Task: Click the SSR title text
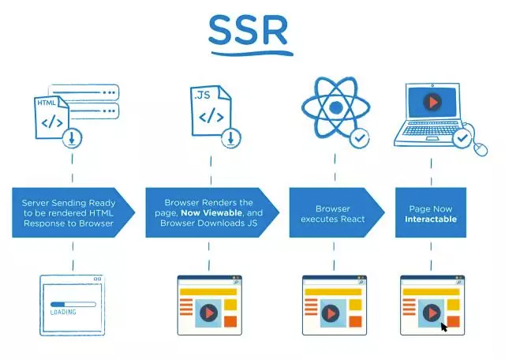point(248,30)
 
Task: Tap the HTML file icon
point(51,118)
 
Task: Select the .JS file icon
point(211,111)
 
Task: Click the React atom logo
point(335,107)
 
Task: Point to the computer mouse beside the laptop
point(481,149)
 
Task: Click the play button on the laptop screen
point(432,102)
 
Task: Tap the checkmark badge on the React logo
point(360,138)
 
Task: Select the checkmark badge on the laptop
point(462,138)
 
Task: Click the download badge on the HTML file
point(72,138)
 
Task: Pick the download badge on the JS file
point(231,138)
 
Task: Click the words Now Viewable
point(211,212)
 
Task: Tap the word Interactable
point(431,219)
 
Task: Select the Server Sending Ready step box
point(73,212)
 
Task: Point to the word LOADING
point(63,312)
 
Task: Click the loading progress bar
point(73,304)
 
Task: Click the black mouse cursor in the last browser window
point(444,327)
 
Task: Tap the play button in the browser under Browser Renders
point(208,313)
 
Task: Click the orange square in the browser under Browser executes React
point(355,321)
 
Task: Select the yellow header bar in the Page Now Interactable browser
point(432,292)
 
